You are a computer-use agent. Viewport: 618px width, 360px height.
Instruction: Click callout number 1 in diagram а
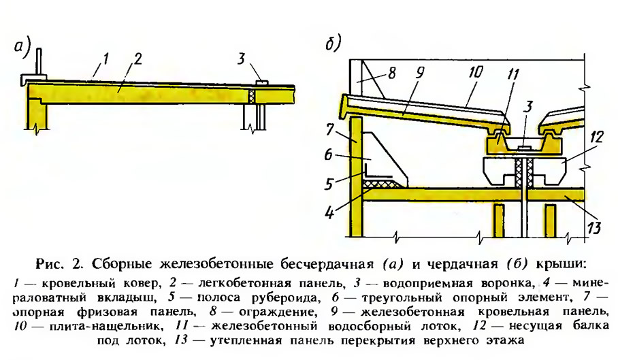[x=105, y=60]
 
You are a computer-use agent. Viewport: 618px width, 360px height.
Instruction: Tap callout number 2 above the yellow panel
[x=137, y=59]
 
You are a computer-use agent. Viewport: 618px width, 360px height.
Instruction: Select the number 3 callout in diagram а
[x=242, y=59]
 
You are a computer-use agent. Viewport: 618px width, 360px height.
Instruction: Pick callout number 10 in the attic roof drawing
[x=476, y=71]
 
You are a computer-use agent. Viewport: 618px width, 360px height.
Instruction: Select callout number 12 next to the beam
[x=596, y=137]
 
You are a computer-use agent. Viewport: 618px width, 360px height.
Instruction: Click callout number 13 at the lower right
[x=594, y=227]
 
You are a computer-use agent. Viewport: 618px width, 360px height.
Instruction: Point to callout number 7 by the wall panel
[x=330, y=129]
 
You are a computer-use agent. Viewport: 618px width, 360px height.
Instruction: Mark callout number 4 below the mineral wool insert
[x=329, y=213]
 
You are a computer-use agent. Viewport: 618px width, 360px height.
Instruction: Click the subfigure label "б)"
[x=334, y=44]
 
